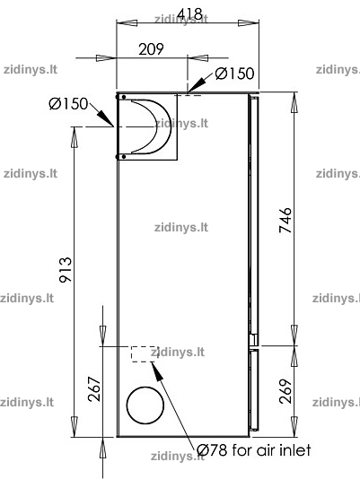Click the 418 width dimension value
(x=189, y=13)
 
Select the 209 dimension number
(x=151, y=48)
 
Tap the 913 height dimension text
(x=66, y=270)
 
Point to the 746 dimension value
(x=285, y=220)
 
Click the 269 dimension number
(x=285, y=391)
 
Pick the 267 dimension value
(x=94, y=389)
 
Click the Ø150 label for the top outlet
(x=234, y=74)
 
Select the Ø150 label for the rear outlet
(x=68, y=103)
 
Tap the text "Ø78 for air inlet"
(x=253, y=450)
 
